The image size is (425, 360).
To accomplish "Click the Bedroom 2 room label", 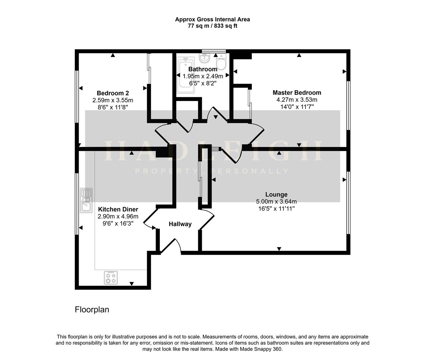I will pos(113,93).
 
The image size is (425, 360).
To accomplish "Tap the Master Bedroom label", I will pos(297,93).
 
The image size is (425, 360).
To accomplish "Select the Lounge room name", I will pos(276,194).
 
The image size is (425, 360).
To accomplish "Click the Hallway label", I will pos(180,224).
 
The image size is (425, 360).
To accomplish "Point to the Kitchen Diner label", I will pos(118,209).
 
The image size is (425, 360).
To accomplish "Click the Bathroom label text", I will pos(202,69).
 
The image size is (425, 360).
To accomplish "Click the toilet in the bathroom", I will pos(221,62).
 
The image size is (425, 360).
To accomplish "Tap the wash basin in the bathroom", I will pos(204,59).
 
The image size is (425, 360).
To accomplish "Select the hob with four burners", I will pos(111,277).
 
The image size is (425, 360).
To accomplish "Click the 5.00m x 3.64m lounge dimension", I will pos(276,201).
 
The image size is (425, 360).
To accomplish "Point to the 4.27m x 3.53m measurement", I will pos(297,100).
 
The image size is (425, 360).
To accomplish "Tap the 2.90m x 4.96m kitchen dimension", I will pos(118,216).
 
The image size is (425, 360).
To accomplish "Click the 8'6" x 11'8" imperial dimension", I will pos(113,107).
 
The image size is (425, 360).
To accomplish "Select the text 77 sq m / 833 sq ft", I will pos(212,26).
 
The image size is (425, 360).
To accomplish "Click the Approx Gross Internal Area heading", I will pos(212,19).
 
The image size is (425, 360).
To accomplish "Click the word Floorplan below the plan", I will pos(92,310).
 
